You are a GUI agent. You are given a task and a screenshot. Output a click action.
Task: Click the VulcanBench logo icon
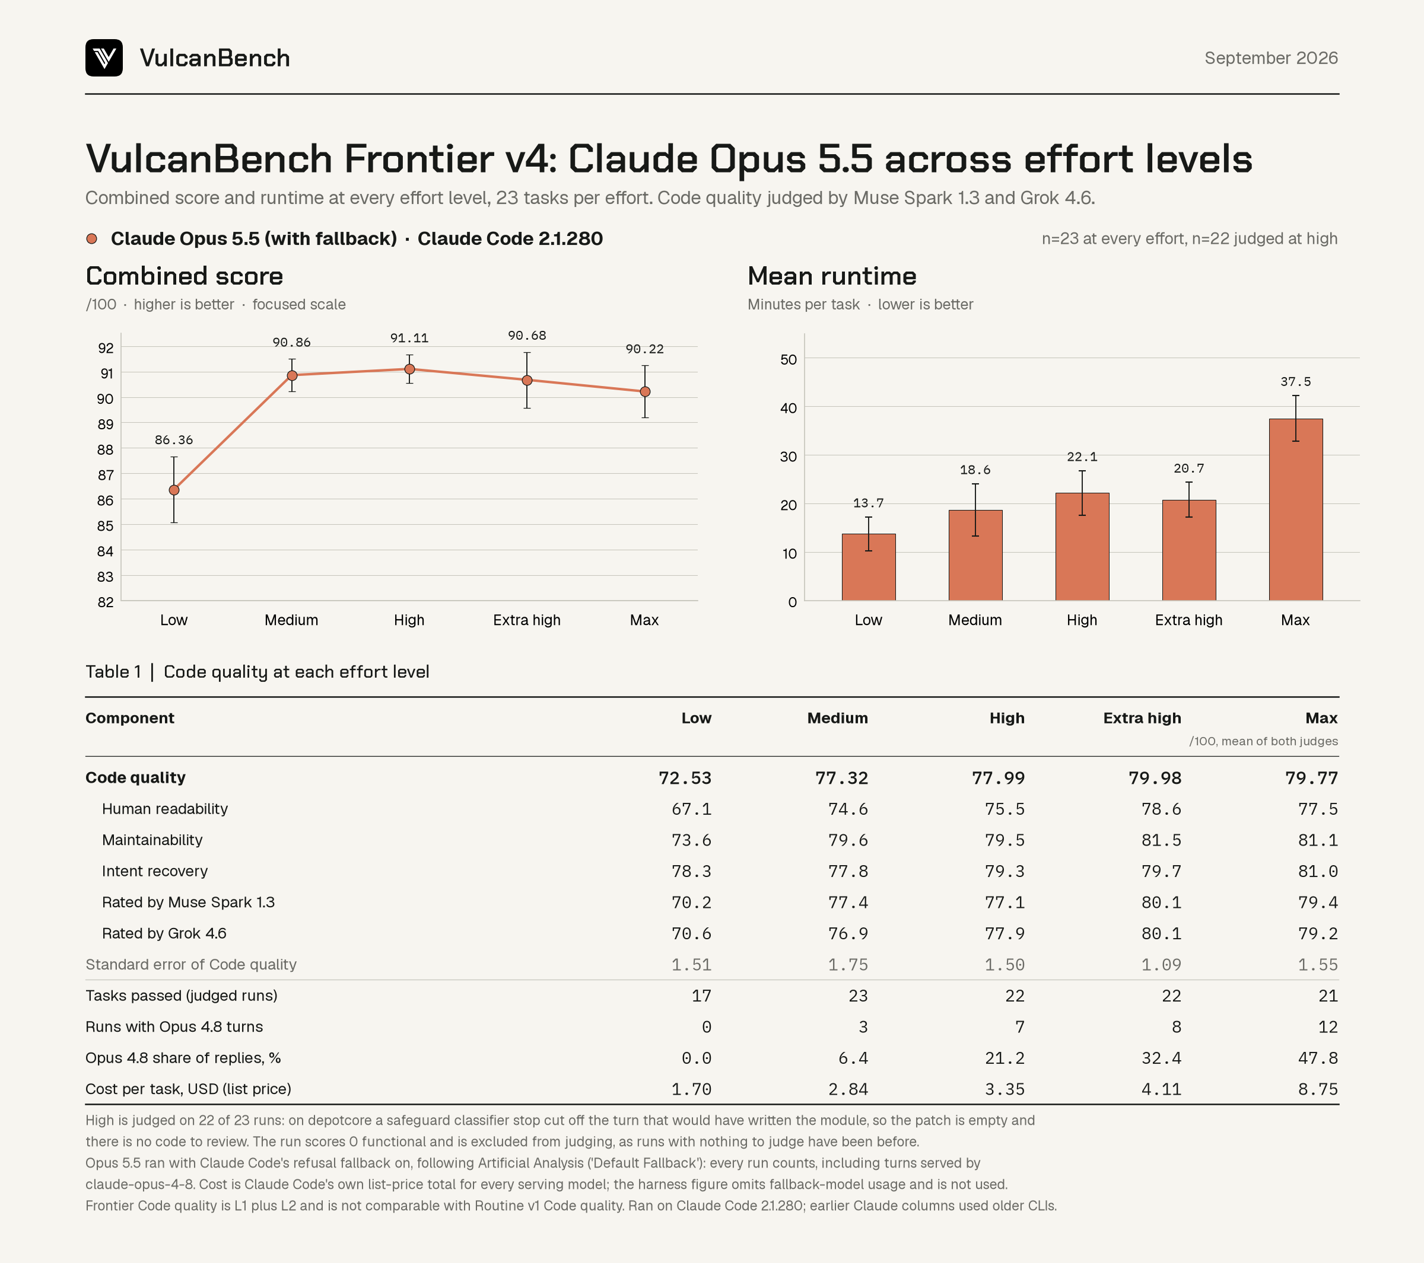[104, 58]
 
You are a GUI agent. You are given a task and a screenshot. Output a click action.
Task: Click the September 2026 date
[1271, 58]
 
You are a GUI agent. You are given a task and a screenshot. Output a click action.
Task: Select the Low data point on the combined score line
[174, 490]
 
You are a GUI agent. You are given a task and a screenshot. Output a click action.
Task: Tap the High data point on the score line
[409, 369]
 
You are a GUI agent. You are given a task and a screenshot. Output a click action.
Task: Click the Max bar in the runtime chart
[1296, 510]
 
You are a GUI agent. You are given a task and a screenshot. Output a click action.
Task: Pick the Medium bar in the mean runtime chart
[975, 556]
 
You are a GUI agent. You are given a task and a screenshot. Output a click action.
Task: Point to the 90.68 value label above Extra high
[527, 336]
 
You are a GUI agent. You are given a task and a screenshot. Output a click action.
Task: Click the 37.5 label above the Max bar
[1296, 381]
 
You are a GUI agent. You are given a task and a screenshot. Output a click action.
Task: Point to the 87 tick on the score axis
[105, 475]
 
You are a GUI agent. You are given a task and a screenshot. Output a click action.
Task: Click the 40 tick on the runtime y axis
[789, 408]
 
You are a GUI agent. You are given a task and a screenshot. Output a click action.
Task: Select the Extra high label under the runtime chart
[1188, 620]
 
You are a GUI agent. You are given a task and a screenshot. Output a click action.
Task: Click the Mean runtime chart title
[832, 276]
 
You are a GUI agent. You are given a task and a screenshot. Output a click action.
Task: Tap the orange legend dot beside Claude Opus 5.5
[91, 239]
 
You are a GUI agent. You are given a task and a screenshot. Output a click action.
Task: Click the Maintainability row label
[152, 840]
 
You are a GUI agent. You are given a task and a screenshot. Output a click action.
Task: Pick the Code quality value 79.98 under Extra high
[1155, 778]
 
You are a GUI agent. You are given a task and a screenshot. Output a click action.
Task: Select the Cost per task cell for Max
[1318, 1089]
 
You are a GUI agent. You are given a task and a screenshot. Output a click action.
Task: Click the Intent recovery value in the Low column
[691, 871]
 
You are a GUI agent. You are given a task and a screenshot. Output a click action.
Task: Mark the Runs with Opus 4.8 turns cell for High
[1019, 1027]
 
